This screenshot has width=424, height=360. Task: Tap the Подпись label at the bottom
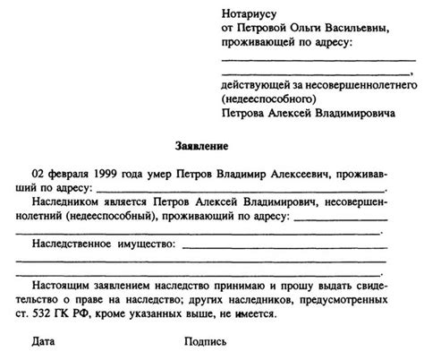click(x=205, y=343)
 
